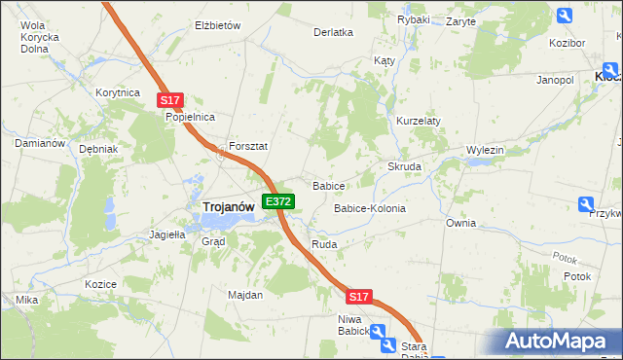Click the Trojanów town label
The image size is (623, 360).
click(229, 206)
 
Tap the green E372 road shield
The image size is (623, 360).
click(278, 201)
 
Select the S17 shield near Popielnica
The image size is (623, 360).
click(170, 100)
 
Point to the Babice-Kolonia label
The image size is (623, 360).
click(370, 208)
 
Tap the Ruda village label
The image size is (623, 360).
click(324, 244)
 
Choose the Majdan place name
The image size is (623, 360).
click(245, 295)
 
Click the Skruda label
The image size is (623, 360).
click(405, 166)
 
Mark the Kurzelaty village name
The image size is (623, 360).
click(419, 121)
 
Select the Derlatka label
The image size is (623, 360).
click(333, 32)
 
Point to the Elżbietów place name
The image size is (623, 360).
click(218, 25)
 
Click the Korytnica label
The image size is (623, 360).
click(119, 91)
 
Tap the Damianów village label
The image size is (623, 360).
click(39, 143)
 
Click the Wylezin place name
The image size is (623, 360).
click(485, 150)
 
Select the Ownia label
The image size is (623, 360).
click(461, 223)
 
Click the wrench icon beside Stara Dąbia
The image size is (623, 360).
click(386, 345)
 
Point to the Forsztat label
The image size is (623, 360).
click(248, 146)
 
